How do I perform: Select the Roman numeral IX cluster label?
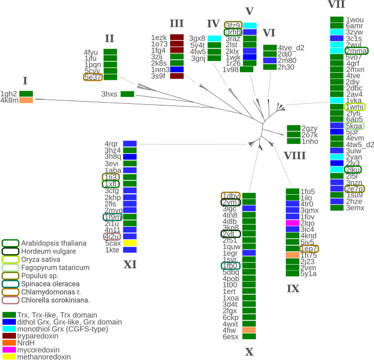click(293, 288)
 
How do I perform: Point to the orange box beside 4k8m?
click(26, 100)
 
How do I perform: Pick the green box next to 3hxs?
click(127, 94)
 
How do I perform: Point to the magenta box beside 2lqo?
click(292, 223)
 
